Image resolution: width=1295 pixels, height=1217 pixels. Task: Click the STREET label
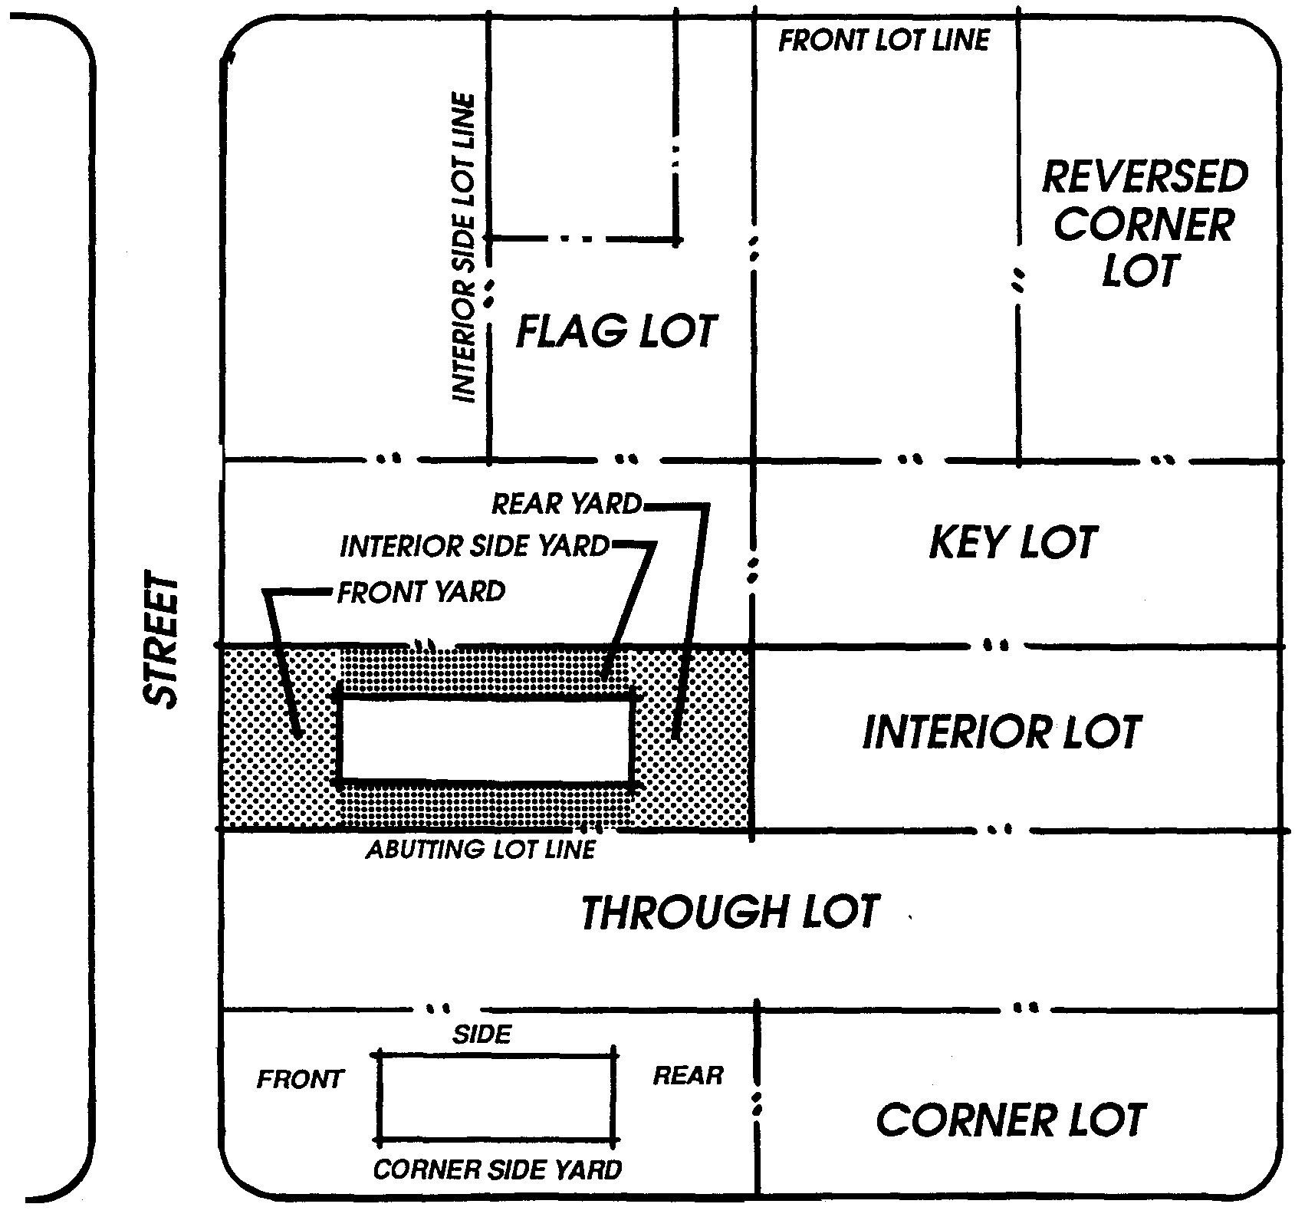pos(162,639)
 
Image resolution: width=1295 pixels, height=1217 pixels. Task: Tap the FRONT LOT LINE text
pos(884,40)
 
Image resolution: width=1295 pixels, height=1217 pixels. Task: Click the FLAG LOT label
pos(616,332)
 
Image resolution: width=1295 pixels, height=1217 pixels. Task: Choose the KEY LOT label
pos(1013,543)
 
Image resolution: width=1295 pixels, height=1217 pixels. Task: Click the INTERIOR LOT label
pos(1002,732)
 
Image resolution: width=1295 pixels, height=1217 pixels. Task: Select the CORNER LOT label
pos(1011,1120)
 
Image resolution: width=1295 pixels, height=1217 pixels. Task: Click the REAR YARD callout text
pos(567,504)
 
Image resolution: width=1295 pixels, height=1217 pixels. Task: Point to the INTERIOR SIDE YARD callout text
pos(475,547)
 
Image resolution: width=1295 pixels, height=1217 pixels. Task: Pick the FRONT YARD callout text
pos(421,592)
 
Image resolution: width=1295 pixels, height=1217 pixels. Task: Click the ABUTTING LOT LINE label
pos(481,850)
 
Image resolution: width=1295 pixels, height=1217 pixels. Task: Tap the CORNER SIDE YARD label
pos(498,1169)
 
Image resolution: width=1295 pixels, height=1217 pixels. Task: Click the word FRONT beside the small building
pos(300,1080)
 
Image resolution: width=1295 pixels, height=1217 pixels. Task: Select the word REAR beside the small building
pos(688,1076)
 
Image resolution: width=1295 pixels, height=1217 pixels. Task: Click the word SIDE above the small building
pos(482,1035)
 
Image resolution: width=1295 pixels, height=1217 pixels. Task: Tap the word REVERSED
pos(1145,178)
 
